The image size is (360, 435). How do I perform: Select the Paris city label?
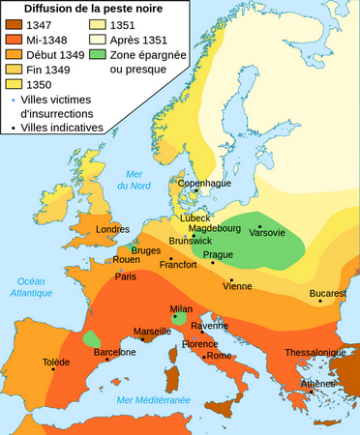tap(126, 276)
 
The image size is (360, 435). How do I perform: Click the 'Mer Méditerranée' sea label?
tap(153, 399)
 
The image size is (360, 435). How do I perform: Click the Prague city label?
tap(219, 254)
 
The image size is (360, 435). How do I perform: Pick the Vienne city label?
tap(237, 286)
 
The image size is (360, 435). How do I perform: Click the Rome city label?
tap(220, 356)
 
